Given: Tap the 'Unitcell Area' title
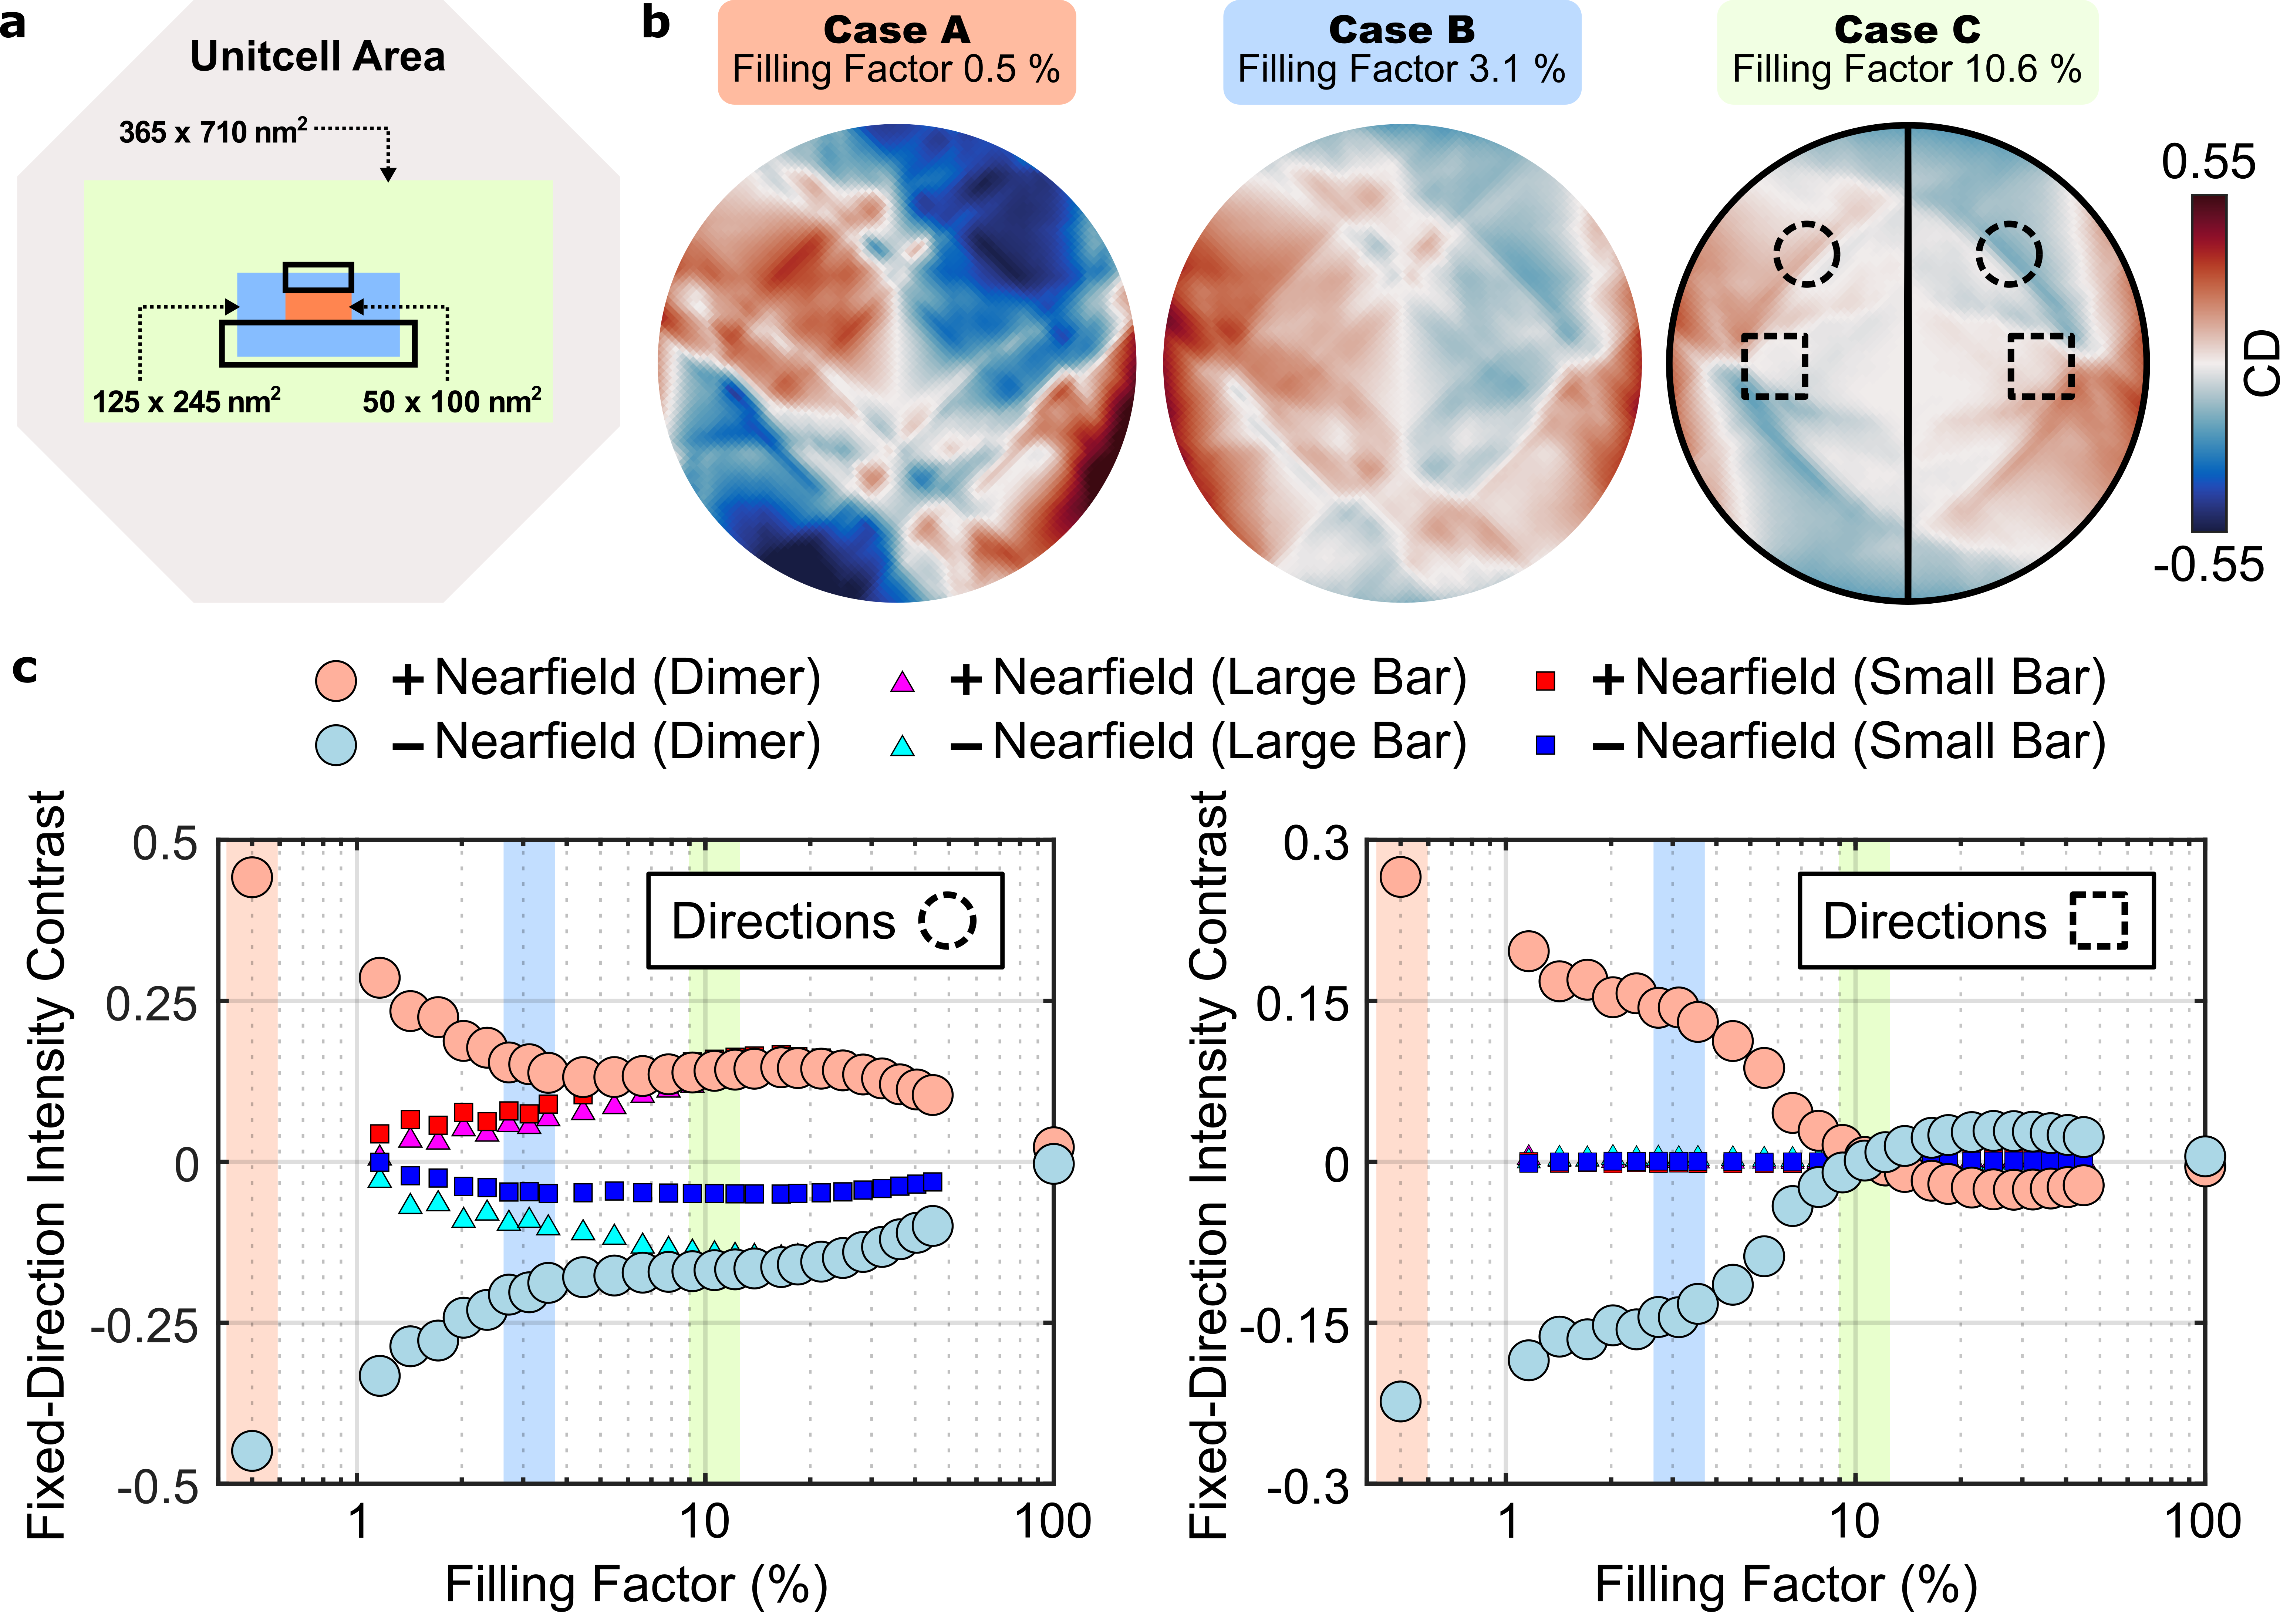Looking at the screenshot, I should pyautogui.click(x=318, y=57).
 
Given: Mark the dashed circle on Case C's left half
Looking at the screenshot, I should pyautogui.click(x=1806, y=254).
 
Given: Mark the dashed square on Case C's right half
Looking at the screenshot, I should pyautogui.click(x=2041, y=367).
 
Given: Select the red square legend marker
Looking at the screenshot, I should pyautogui.click(x=1545, y=681).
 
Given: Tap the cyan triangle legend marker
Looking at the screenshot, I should pyautogui.click(x=902, y=746).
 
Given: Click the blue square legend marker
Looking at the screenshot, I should pyautogui.click(x=1545, y=745).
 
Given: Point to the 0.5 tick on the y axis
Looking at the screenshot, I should pyautogui.click(x=165, y=844).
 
